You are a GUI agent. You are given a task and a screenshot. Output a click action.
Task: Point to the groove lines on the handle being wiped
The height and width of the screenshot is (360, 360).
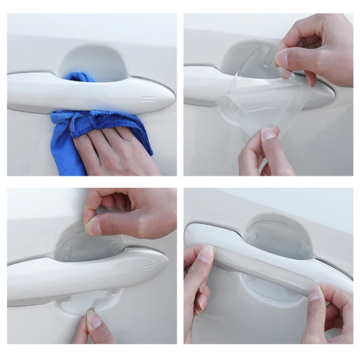tap(148, 99)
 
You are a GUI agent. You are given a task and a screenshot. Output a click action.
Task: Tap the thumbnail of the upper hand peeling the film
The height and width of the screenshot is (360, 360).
tap(282, 58)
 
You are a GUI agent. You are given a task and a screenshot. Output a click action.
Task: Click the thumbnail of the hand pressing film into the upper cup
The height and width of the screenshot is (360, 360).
tap(94, 228)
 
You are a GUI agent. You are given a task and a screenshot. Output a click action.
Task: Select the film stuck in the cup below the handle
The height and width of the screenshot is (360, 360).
tap(85, 301)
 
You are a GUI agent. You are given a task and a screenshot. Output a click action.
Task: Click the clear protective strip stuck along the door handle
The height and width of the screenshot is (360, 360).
tap(265, 265)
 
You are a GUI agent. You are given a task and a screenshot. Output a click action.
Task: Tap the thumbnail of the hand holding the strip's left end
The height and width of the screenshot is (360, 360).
tap(206, 255)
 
